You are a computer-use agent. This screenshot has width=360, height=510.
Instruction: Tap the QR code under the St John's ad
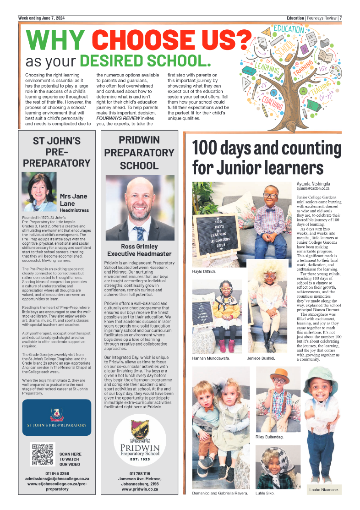point(43,454)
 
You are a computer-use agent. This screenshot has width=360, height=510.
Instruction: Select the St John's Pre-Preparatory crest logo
point(56,414)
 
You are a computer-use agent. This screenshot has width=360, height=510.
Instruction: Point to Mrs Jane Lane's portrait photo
point(39,191)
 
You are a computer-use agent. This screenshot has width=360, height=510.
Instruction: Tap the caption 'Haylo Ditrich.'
point(204,271)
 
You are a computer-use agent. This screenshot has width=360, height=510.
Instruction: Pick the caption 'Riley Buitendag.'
point(269,437)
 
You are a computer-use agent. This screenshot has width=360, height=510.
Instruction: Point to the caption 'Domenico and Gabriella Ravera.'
point(220,494)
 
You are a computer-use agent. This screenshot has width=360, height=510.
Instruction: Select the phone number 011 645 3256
point(57,473)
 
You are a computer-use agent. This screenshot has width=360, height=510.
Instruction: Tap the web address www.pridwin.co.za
point(140,489)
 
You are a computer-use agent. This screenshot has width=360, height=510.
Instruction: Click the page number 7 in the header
point(341,18)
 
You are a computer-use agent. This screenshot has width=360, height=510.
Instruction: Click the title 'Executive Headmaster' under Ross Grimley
point(139,254)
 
